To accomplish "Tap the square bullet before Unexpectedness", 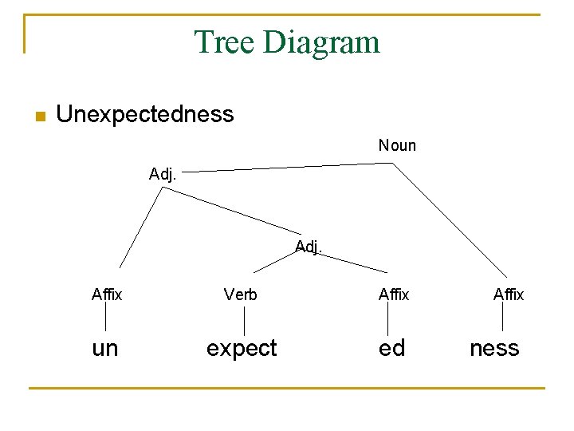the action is [40, 116].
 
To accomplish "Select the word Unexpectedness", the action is [145, 114].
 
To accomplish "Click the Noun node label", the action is [397, 145].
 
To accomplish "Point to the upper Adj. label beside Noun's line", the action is [163, 174].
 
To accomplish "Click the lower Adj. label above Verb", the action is [309, 247].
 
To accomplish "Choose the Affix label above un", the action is [107, 295].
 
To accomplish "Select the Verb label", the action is [241, 295].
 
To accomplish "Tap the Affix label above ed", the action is [394, 295].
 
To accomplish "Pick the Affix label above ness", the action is [509, 295].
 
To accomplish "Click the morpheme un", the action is [105, 348].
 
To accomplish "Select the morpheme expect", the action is [242, 348].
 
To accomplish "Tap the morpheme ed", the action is [391, 348].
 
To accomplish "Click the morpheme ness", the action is [494, 348].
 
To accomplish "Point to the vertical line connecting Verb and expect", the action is [244, 320].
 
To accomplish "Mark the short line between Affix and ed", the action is [387, 320].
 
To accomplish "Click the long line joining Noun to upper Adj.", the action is [287, 166].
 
